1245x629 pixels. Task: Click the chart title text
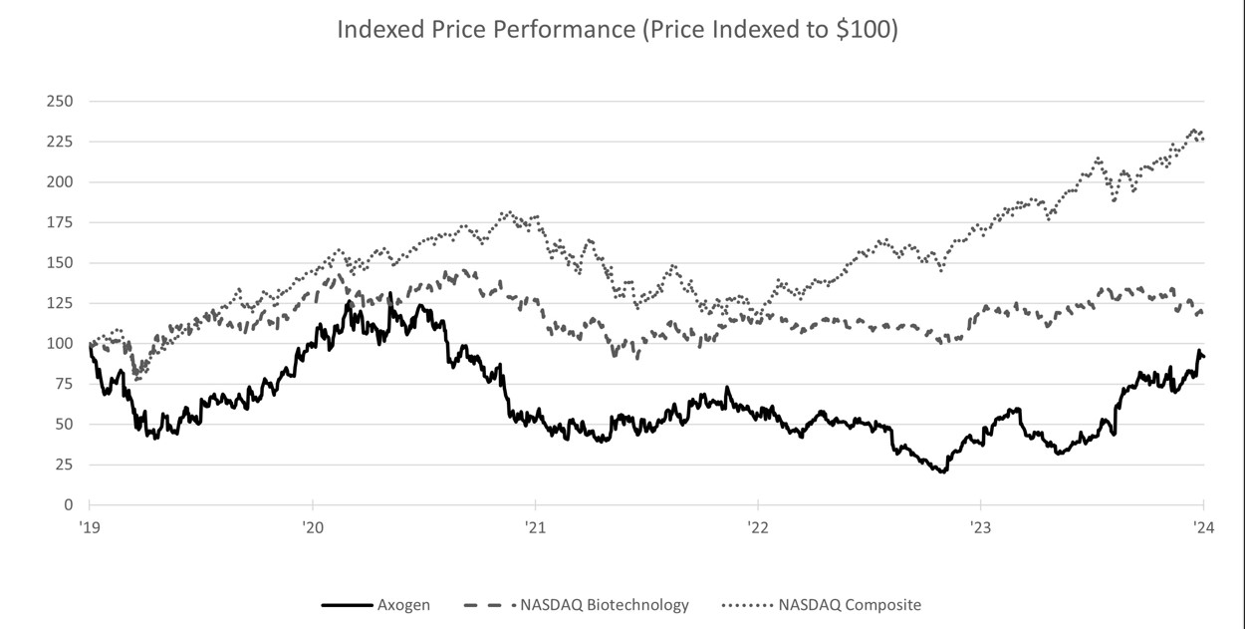point(618,29)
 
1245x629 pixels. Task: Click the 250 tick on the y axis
point(59,102)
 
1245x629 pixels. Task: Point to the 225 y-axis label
point(59,142)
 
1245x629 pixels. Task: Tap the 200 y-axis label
point(59,182)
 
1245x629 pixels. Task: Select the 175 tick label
point(59,222)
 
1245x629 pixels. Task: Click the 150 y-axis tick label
point(59,263)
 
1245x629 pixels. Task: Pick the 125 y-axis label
point(59,303)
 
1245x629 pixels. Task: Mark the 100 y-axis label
point(59,344)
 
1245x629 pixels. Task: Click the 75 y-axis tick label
point(63,384)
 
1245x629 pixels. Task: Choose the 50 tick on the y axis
point(63,425)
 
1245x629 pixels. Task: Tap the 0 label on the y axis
point(67,505)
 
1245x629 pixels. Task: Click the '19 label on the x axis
point(90,528)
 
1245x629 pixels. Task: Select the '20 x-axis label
point(312,528)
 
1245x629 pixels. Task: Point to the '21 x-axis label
point(535,528)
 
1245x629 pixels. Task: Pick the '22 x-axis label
point(758,528)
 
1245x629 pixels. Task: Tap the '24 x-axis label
point(1203,528)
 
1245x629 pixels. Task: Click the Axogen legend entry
point(403,604)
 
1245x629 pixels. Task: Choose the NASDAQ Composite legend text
point(850,604)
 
